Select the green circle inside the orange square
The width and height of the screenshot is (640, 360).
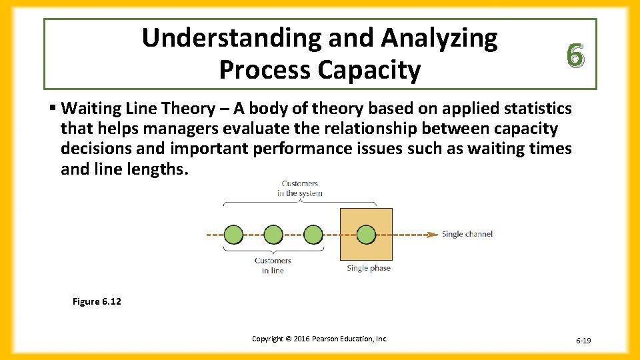coord(366,235)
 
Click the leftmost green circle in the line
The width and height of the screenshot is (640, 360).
coord(233,235)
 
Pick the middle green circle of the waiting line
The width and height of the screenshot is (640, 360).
coord(273,235)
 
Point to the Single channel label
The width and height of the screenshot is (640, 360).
coord(467,235)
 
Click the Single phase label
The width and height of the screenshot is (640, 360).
coord(369,268)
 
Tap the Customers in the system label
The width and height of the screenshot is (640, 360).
coord(299,189)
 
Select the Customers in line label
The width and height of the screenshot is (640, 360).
coord(273,265)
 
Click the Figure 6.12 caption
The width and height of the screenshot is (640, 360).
coord(97,302)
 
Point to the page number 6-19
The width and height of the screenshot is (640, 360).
coord(583,341)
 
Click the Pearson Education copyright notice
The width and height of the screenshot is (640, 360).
coord(319,339)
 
